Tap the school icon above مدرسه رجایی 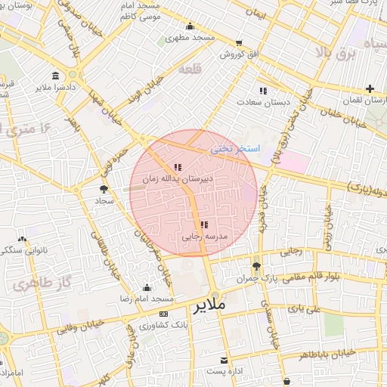pyautogui.click(x=204, y=224)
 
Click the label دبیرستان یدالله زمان pyautogui.click(x=178, y=179)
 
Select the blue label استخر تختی pyautogui.click(x=234, y=149)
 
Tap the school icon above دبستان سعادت pyautogui.click(x=263, y=91)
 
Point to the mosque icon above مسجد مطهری pyautogui.click(x=189, y=26)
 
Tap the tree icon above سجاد pyautogui.click(x=104, y=189)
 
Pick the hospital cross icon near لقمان pyautogui.click(x=370, y=88)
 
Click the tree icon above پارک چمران pyautogui.click(x=256, y=265)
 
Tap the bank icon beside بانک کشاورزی pyautogui.click(x=163, y=314)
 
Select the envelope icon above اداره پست pyautogui.click(x=224, y=360)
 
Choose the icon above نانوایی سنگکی pyautogui.click(x=22, y=239)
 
